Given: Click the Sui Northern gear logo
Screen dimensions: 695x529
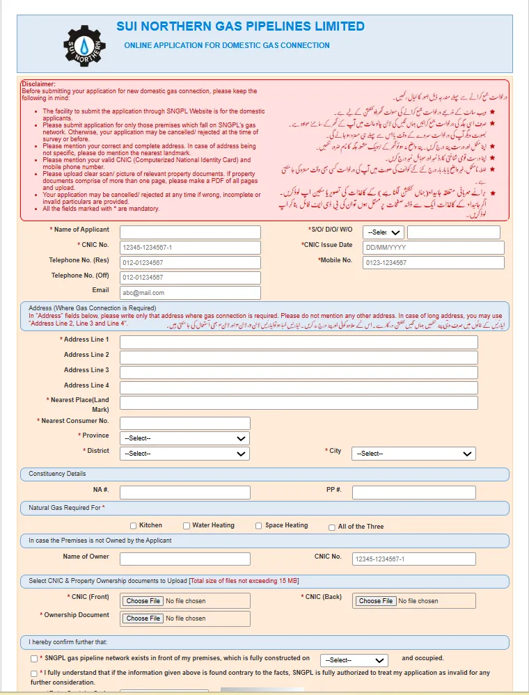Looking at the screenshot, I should pos(85,47).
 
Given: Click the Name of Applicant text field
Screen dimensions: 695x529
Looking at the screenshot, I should pos(190,232).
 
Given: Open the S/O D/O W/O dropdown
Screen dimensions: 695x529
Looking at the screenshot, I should pos(384,232).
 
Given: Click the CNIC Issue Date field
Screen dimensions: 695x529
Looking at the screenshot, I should pos(434,248).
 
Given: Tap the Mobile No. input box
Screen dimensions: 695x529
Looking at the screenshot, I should pos(434,263).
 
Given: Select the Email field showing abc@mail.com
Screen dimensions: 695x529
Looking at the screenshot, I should pos(190,293).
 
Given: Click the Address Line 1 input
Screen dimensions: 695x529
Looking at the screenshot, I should pos(299,342).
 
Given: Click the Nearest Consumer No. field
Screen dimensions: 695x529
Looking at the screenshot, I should pos(184,423).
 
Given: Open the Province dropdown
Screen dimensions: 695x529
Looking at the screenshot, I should pos(184,438).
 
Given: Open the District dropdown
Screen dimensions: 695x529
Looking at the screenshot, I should pos(184,454).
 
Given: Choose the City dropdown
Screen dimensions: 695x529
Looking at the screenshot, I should pos(413,454).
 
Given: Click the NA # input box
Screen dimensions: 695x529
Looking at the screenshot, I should pos(184,493).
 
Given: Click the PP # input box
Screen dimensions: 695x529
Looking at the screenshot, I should pos(413,493).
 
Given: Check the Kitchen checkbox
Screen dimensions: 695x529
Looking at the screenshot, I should pos(134,526).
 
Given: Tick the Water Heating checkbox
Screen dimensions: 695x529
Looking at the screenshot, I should pos(187,526).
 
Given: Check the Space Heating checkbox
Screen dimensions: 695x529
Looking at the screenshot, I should pos(259,526).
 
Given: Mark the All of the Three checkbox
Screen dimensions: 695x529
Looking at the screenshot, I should pos(332,527).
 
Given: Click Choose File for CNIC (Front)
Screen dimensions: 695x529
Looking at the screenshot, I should pos(143,601).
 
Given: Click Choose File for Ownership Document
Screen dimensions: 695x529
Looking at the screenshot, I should pos(143,618).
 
